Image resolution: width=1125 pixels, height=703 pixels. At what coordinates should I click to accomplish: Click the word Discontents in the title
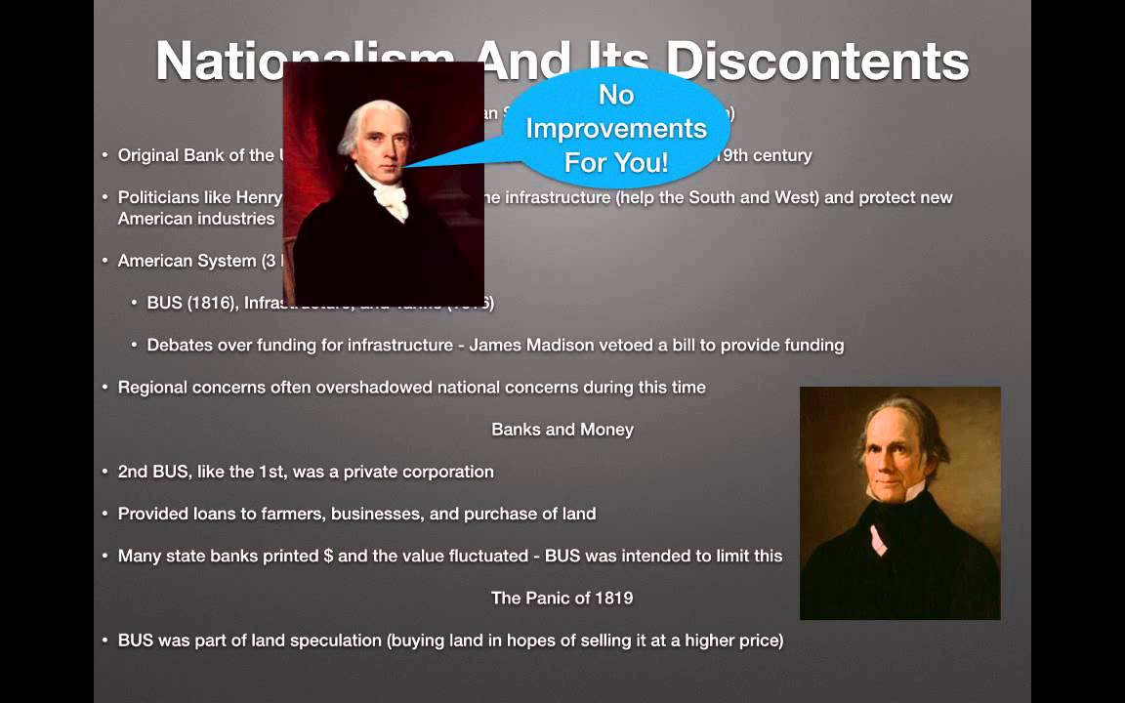[816, 61]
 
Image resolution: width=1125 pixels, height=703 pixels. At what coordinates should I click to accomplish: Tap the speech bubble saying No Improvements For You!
[616, 127]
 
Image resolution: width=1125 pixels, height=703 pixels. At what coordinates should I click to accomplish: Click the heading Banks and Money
[562, 430]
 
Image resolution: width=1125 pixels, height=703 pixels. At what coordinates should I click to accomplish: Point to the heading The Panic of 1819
[562, 598]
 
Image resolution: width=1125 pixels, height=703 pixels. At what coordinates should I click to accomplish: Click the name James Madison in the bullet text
[526, 345]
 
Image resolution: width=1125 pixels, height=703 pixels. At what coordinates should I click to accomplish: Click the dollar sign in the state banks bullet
[328, 556]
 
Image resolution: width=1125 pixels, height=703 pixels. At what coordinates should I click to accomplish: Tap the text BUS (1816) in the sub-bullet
[190, 304]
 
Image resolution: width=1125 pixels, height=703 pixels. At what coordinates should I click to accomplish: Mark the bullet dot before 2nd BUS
[105, 472]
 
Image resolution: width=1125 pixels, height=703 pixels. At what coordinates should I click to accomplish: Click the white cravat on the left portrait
[390, 201]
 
